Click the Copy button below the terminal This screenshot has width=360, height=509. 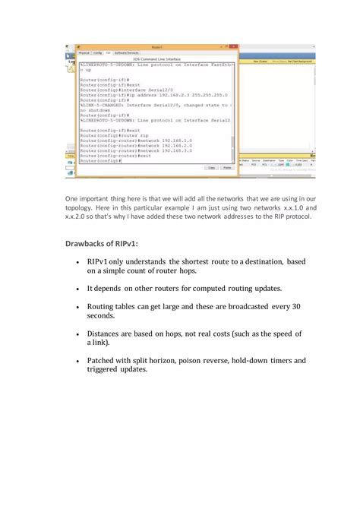[x=210, y=167]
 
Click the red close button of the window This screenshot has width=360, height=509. [x=234, y=46]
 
